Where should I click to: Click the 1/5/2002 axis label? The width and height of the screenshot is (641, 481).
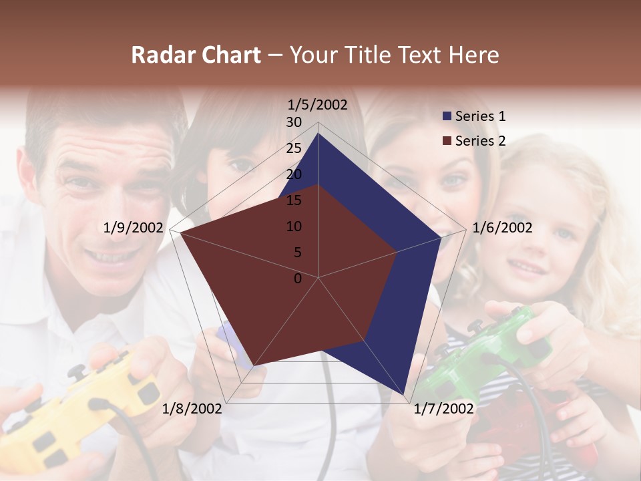[317, 105]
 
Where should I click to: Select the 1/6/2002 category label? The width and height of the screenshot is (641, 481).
[502, 228]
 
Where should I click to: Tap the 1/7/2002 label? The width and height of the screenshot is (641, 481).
[443, 408]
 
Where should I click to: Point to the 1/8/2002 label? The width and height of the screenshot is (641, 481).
[192, 408]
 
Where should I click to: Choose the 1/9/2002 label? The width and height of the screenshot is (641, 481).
[134, 228]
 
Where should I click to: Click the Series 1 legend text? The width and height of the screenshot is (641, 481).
[480, 116]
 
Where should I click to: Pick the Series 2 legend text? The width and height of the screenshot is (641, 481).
[480, 141]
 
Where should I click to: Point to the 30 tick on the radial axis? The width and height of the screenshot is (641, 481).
[294, 122]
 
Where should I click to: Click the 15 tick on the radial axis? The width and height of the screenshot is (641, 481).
[294, 200]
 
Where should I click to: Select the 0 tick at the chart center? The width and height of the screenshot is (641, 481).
[298, 279]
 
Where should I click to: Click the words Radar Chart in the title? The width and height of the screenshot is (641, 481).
[196, 55]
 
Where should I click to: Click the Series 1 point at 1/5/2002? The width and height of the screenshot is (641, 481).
[318, 133]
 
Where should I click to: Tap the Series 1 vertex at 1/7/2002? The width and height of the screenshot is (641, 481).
[405, 395]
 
